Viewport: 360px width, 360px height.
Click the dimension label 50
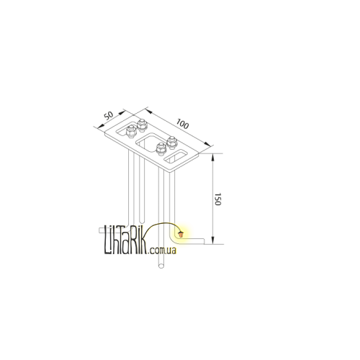109,115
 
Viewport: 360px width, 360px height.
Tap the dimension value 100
182,124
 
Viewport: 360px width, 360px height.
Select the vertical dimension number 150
217,199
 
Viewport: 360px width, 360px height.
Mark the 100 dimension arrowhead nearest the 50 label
148,111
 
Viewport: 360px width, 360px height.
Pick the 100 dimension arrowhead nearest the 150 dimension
207,144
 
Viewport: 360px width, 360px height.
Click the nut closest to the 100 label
172,143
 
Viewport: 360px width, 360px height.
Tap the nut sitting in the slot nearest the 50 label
131,131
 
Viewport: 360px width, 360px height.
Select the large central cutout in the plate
149,143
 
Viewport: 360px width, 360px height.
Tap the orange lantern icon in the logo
181,233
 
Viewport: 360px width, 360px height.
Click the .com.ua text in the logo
163,251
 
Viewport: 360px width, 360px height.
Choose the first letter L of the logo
107,240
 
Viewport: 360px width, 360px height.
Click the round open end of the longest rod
161,266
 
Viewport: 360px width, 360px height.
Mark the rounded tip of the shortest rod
142,220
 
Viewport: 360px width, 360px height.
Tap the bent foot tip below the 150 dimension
204,241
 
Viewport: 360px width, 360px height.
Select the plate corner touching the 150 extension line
199,154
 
